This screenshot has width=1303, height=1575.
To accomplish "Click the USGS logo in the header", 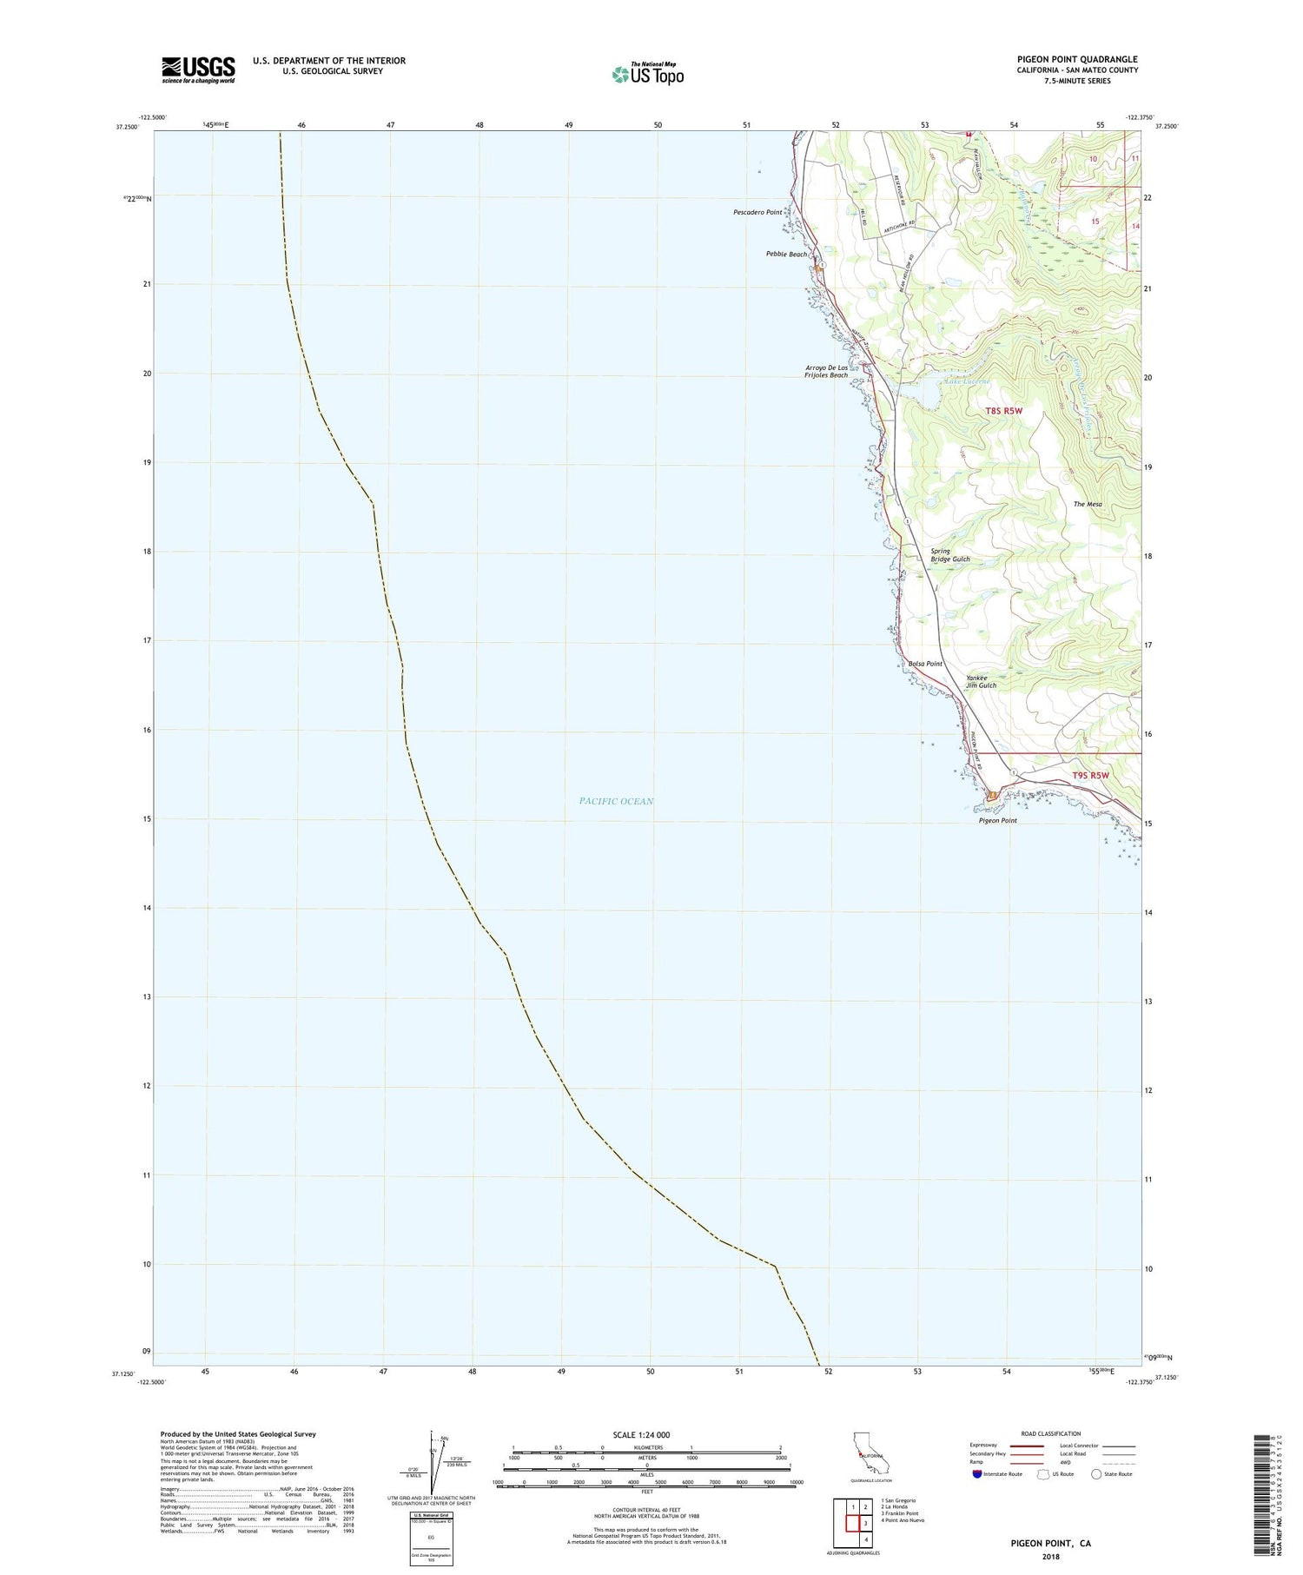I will [198, 69].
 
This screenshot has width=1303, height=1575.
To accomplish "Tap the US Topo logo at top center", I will [648, 74].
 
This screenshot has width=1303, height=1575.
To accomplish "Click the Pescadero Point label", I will [757, 212].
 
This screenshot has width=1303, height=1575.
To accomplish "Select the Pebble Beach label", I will [785, 255].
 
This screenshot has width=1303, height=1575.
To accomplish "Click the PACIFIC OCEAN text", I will [616, 801].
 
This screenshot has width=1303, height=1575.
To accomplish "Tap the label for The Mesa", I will [1087, 504].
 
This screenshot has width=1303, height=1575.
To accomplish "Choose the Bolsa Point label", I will [924, 664].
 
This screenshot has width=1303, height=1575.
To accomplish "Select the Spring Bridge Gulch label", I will [949, 555].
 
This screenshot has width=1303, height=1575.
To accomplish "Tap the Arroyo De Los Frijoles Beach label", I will [826, 372].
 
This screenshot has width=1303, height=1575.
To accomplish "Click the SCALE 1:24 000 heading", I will [646, 1434].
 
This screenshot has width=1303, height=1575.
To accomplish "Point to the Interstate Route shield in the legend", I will [977, 1474].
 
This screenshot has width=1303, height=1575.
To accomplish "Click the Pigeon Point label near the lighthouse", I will [997, 820].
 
